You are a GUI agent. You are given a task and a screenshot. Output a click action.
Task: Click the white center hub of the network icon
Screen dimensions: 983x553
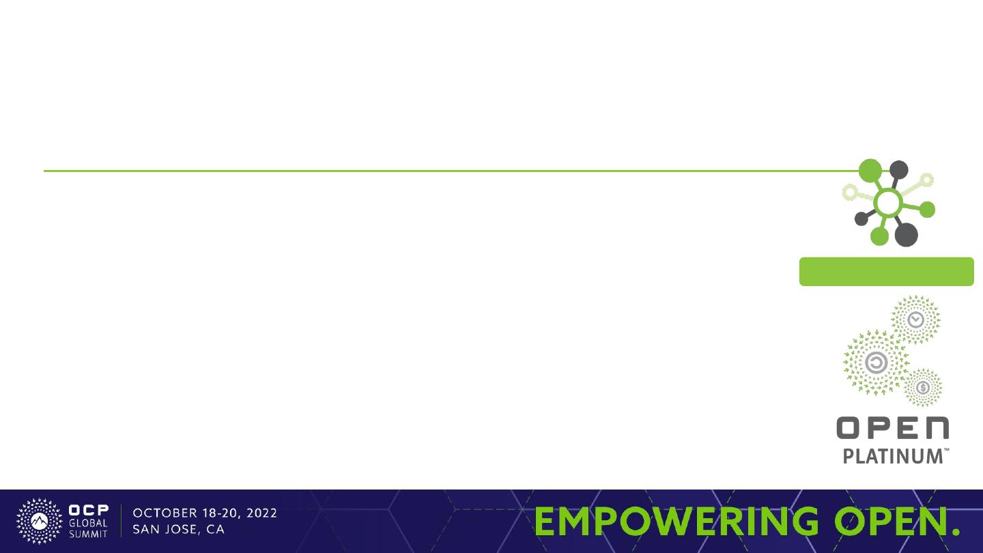coord(887,202)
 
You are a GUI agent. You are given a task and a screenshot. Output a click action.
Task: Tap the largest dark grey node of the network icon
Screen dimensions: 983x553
coord(906,234)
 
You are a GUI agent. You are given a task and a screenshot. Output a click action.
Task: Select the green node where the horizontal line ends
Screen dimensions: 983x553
coord(870,170)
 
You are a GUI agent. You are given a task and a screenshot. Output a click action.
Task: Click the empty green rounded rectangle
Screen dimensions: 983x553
coord(887,272)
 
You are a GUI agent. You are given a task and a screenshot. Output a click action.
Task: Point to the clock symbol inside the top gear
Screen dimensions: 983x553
coord(915,320)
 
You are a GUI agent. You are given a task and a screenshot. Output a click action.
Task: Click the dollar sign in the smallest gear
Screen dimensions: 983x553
coord(923,388)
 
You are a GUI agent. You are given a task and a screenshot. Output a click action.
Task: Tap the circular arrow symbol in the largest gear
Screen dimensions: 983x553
coord(876,363)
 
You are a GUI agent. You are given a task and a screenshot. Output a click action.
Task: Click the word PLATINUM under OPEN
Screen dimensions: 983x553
coord(893,457)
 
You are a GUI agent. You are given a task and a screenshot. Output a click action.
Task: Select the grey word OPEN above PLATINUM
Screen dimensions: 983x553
coord(893,428)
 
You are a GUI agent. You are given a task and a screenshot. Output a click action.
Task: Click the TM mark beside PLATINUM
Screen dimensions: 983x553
coord(946,450)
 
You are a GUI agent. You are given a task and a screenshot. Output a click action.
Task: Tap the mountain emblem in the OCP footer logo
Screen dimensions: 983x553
coord(39,521)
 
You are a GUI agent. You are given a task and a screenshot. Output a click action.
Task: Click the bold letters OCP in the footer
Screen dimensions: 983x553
coord(89,510)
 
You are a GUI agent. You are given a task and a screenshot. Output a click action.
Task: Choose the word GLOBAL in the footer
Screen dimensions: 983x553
coord(88,523)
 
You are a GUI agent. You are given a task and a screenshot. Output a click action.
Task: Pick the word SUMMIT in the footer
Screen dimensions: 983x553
coord(88,534)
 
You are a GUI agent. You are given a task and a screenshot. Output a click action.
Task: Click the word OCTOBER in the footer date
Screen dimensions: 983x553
coord(165,513)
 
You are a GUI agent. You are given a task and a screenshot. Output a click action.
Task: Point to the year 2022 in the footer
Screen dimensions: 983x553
coord(261,513)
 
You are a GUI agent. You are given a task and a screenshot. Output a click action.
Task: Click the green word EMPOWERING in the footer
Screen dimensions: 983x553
coord(676,521)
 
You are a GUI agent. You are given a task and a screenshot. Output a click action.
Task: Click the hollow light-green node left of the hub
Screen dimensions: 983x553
coord(851,192)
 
